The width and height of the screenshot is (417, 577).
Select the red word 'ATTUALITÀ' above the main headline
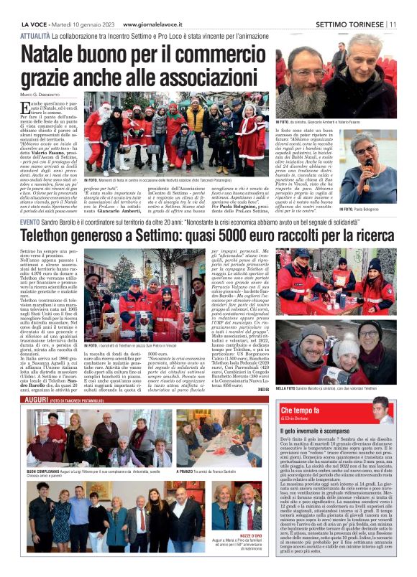(35, 35)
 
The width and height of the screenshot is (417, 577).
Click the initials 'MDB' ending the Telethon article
(262, 389)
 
